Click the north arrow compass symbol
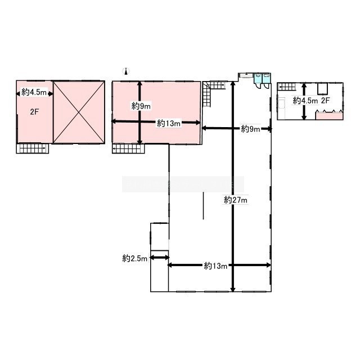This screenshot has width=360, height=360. pyautogui.click(x=126, y=71)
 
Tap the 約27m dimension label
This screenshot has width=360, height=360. pyautogui.click(x=236, y=200)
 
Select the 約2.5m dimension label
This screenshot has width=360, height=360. pyautogui.click(x=135, y=259)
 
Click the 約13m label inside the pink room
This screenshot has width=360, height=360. pyautogui.click(x=169, y=124)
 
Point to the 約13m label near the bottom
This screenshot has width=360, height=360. pyautogui.click(x=215, y=266)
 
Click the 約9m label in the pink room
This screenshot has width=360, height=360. pyautogui.click(x=141, y=106)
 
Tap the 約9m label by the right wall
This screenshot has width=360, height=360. pyautogui.click(x=250, y=129)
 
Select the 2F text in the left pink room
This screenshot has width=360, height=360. pyautogui.click(x=34, y=112)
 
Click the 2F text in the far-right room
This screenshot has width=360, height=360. pyautogui.click(x=325, y=100)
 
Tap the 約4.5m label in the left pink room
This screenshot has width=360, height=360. pyautogui.click(x=34, y=92)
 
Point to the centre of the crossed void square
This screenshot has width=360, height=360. pyautogui.click(x=79, y=112)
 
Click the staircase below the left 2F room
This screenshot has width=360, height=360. pyautogui.click(x=33, y=148)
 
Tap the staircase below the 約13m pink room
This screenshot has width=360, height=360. pyautogui.click(x=128, y=148)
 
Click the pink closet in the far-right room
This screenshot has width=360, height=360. pyautogui.click(x=330, y=116)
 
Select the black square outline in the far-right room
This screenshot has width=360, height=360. pyautogui.click(x=323, y=89)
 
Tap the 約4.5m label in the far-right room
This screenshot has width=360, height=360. pyautogui.click(x=305, y=101)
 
